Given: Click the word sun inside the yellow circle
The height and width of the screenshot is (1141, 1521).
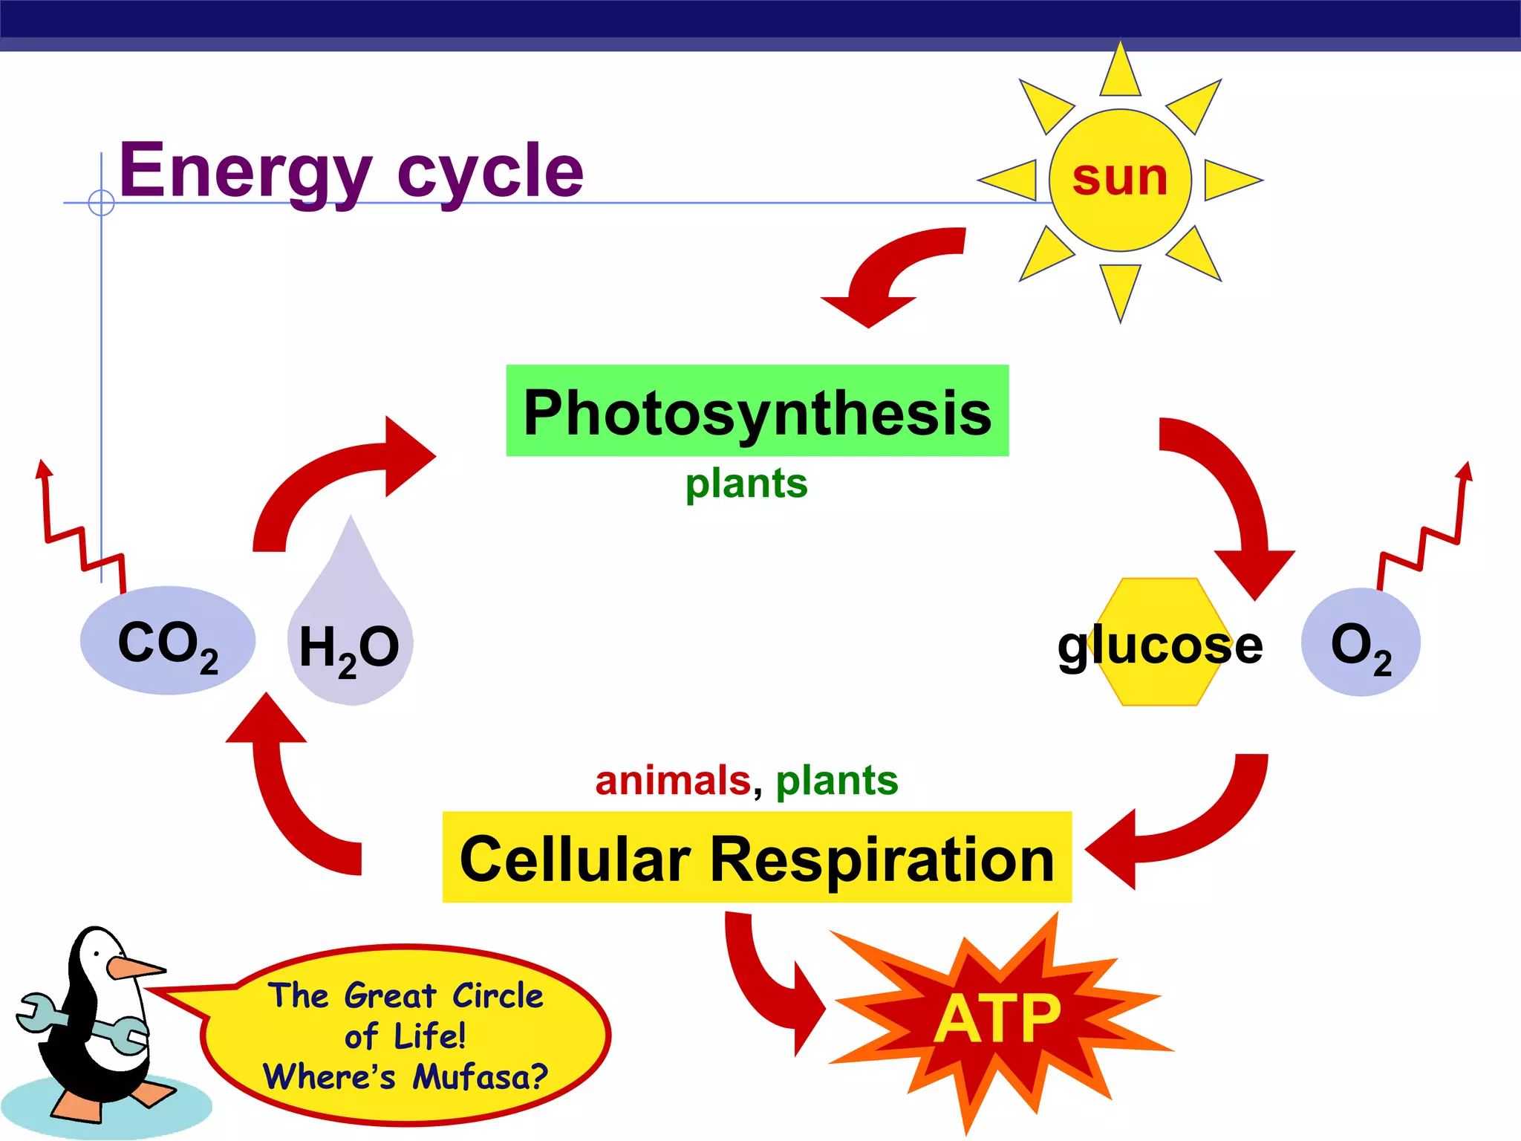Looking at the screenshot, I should [1120, 179].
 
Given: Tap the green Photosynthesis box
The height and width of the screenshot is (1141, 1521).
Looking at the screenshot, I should [757, 411].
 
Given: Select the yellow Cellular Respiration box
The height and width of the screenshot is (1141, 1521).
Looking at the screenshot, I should [757, 858].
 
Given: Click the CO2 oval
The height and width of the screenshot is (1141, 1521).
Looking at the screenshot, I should [168, 641].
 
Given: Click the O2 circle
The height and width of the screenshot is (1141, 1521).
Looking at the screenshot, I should [1360, 643].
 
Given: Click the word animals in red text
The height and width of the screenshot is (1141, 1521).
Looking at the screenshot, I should [673, 781].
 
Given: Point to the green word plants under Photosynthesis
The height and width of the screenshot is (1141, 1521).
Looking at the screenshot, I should [746, 484].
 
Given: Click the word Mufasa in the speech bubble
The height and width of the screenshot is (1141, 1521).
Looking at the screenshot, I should [479, 1076].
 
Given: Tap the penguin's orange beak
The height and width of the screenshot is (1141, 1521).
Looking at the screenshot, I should [134, 968].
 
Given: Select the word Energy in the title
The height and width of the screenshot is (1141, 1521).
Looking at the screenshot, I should [245, 172].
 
